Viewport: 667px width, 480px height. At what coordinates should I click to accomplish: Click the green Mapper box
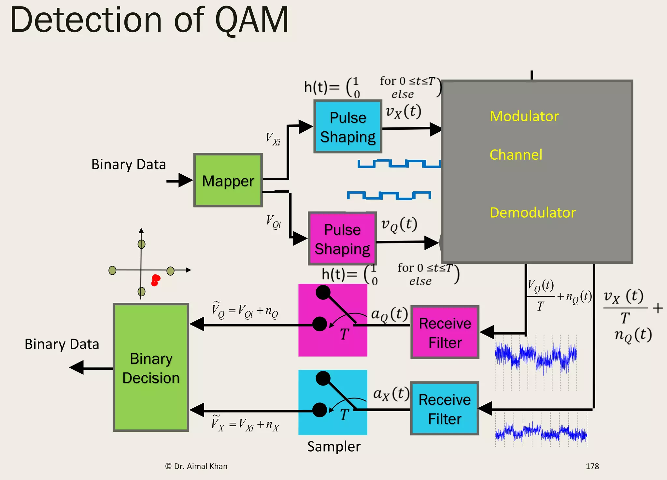coord(228,180)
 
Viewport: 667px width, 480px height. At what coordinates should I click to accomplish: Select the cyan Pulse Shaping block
coord(348,127)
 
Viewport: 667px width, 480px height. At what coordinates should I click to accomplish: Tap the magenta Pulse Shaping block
coord(342,239)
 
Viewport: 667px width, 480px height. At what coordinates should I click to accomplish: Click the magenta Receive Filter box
coord(445,332)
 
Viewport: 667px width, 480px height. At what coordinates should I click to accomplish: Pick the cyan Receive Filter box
coord(444,409)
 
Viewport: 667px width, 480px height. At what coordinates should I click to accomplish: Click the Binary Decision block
coord(151,368)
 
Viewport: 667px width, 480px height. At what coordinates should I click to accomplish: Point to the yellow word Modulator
coord(524,116)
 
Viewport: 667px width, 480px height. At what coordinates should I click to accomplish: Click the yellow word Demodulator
coord(532,212)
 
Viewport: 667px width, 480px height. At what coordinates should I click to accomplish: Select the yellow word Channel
coord(516,154)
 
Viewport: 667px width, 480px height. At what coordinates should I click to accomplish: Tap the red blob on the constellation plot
coord(155,280)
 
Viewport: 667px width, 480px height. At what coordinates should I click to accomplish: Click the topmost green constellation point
coord(141,244)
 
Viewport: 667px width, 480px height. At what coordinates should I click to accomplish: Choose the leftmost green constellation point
coord(112,270)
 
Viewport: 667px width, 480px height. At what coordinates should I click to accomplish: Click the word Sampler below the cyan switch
coord(334,446)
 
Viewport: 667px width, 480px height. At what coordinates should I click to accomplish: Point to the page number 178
coord(592,466)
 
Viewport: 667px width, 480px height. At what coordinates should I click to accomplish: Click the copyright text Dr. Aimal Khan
coord(196,466)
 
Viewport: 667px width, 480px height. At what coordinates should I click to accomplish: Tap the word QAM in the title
coord(252,20)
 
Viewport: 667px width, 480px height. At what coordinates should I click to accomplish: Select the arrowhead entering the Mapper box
coord(186,181)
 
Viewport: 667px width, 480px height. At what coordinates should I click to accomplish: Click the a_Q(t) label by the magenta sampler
coord(389,314)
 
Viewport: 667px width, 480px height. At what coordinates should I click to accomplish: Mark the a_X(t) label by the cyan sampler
coord(391,394)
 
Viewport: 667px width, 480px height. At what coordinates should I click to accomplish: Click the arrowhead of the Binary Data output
coord(77,368)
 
